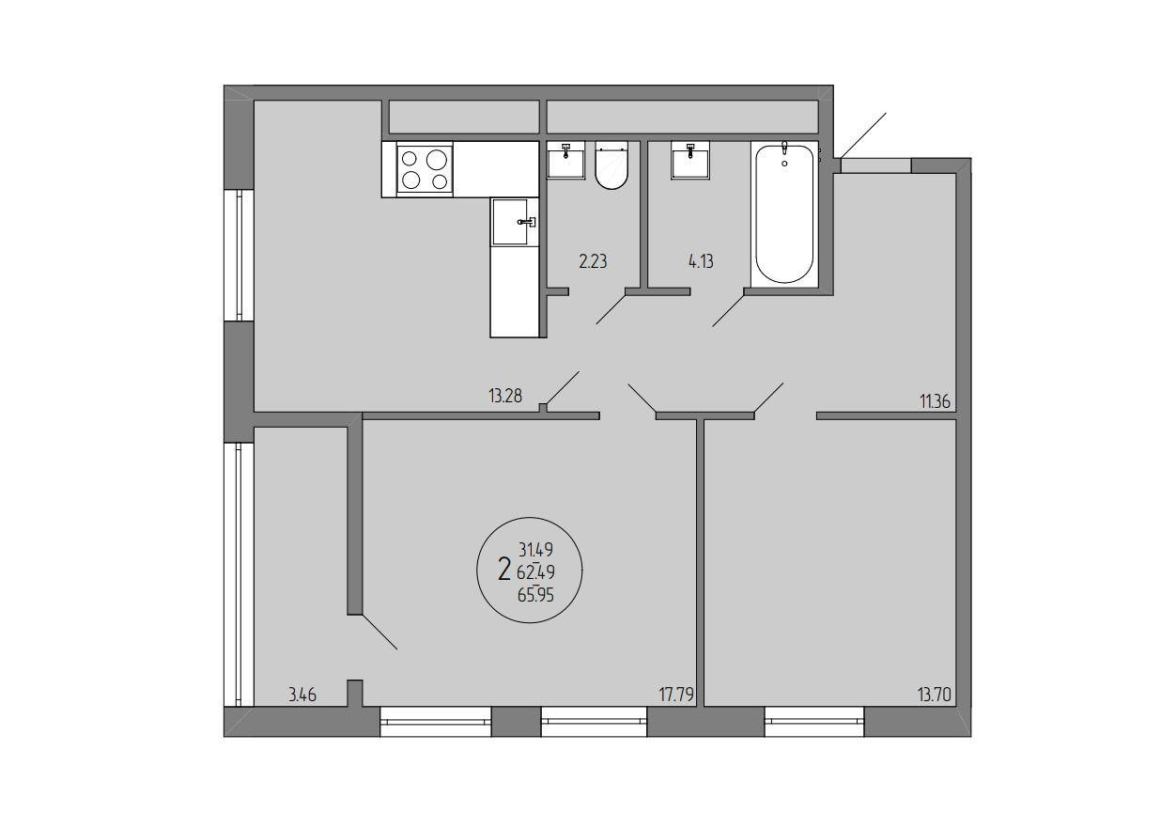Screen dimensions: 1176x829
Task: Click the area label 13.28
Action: point(505,396)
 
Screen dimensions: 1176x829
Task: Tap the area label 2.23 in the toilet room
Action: point(593,261)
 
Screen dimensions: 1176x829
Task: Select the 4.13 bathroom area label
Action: point(701,261)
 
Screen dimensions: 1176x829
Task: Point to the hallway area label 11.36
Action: point(935,402)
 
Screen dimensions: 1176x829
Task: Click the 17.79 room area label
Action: point(676,695)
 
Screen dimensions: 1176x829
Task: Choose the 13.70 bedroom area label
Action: point(935,695)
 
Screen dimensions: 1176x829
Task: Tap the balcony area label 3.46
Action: point(302,695)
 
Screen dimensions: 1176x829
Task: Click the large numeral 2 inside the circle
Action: point(504,570)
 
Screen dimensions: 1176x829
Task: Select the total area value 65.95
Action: point(535,595)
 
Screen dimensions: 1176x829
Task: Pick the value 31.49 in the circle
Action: point(535,550)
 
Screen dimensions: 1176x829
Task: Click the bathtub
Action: point(784,213)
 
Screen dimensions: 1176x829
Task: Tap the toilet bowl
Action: point(611,164)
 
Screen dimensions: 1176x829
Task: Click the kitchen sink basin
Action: point(510,222)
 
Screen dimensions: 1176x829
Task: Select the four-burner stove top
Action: point(426,169)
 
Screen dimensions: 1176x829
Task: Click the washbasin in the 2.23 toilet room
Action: point(566,160)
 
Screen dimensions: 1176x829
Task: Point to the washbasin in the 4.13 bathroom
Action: point(690,160)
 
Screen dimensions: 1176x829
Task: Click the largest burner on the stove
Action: point(438,159)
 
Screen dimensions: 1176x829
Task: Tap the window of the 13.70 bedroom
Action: point(814,721)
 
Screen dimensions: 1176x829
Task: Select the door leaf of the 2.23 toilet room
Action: point(611,309)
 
